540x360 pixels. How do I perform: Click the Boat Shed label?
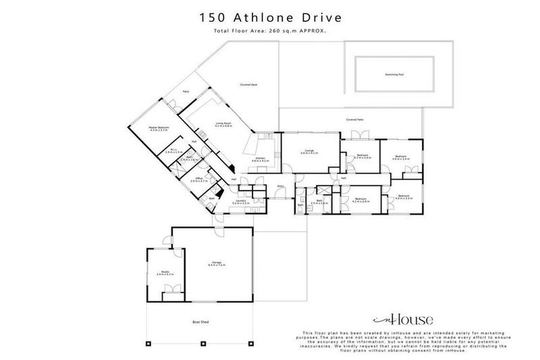[200, 322]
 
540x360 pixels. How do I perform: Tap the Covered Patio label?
[354, 120]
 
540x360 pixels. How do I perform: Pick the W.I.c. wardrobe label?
[174, 150]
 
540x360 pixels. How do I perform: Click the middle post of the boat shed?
[200, 344]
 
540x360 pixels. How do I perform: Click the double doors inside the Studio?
[169, 289]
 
